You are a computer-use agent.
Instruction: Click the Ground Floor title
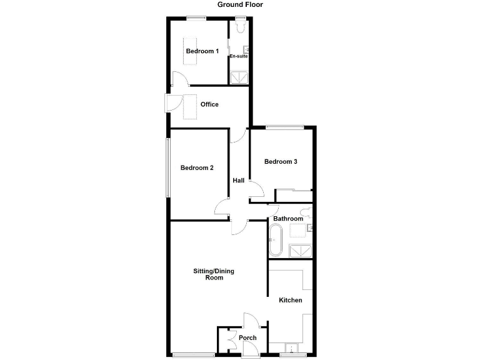point(240,4)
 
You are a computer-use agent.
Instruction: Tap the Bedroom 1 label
point(202,51)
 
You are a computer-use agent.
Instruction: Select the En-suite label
point(238,56)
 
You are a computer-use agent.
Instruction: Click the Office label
point(209,104)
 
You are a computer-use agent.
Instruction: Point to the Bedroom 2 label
point(197,167)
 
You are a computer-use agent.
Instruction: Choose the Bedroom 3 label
point(280,162)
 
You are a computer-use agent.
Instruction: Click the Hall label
point(238,181)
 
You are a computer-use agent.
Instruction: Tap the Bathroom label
point(287,219)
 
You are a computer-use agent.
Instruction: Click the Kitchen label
point(290,301)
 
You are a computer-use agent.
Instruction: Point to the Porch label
point(247,338)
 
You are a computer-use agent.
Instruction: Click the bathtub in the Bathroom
point(276,240)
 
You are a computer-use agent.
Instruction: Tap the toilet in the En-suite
point(240,27)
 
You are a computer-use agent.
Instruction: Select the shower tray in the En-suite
point(239,77)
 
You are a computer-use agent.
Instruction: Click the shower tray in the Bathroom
point(300,250)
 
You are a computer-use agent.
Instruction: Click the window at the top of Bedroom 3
point(284,127)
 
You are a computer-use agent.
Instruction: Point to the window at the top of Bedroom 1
point(196,17)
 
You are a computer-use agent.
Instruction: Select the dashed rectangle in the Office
point(189,106)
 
